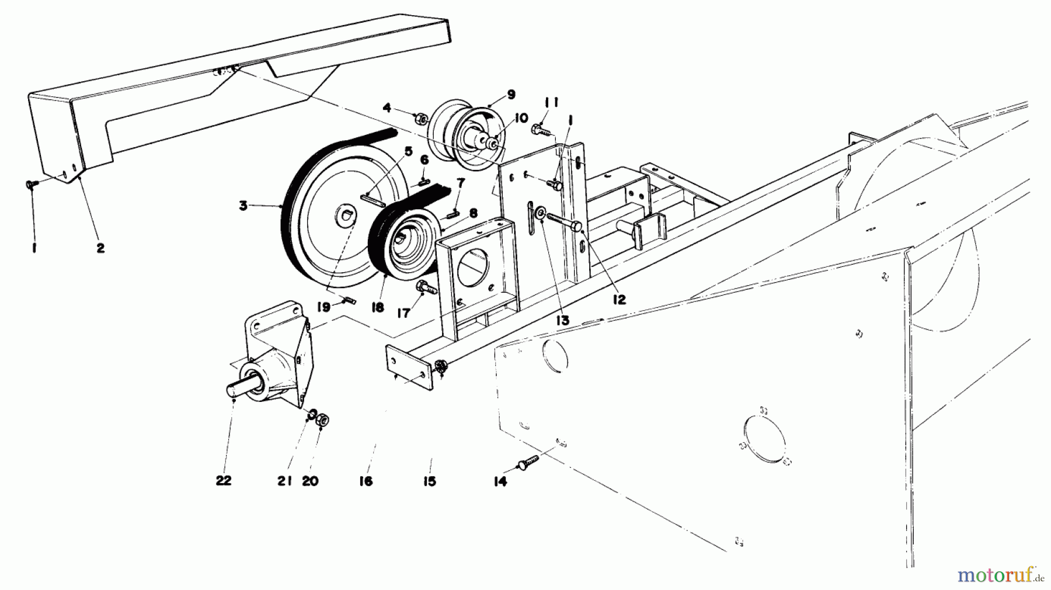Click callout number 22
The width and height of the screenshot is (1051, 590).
pos(224,481)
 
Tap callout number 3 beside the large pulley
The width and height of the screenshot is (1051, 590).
pos(242,205)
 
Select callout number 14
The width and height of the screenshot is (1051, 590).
pos(500,481)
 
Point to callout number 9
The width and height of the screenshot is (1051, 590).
pos(511,94)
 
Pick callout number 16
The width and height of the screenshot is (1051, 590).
pos(366,481)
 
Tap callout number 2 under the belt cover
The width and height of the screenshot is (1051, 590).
pos(100,248)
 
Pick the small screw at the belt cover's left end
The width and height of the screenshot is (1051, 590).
pos(32,184)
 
